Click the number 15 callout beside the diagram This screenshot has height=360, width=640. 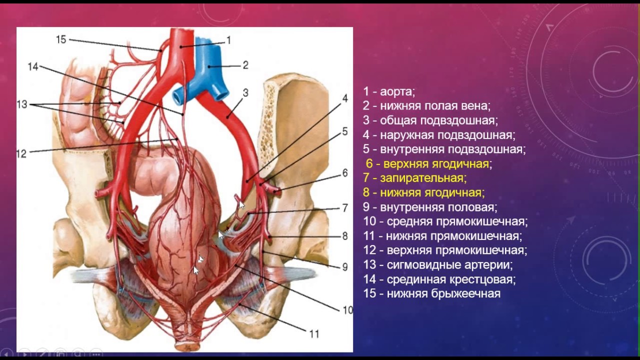coord(61,39)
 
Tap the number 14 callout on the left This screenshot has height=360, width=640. coord(33,66)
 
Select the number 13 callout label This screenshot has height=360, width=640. coord(22,104)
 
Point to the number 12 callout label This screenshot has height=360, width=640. coord(21,154)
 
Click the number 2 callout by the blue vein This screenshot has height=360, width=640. coord(245,65)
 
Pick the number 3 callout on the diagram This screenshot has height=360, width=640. coord(245,92)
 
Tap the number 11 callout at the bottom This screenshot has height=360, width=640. coord(313,334)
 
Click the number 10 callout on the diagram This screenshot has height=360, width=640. coord(347,310)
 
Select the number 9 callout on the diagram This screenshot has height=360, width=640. coord(344,267)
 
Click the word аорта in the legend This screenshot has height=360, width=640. coord(397,91)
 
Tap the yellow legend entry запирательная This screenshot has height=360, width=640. coord(423,178)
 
